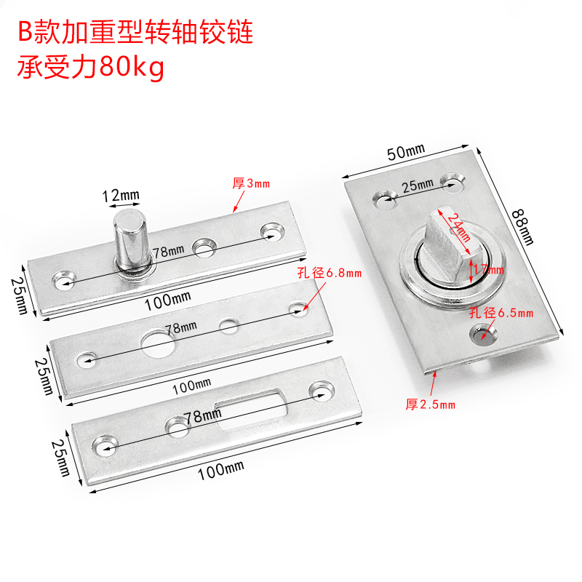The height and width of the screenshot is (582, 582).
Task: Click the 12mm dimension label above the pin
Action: click(120, 196)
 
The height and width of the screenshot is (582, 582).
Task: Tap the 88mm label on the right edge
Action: click(522, 226)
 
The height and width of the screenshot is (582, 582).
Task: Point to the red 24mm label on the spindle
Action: click(455, 226)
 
